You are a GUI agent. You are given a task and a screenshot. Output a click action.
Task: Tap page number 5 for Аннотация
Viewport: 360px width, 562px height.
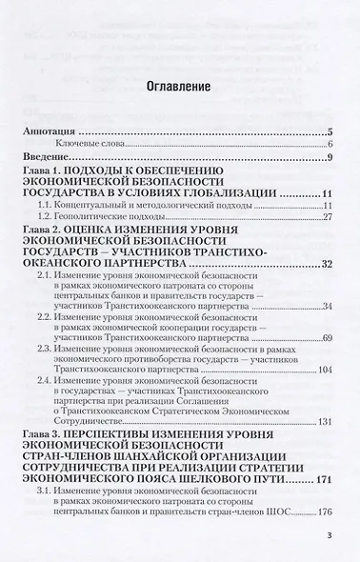point(328,133)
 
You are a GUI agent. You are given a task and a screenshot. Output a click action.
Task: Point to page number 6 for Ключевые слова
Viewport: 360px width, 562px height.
point(328,144)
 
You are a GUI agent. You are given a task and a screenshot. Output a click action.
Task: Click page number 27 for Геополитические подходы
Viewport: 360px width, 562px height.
point(325,218)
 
